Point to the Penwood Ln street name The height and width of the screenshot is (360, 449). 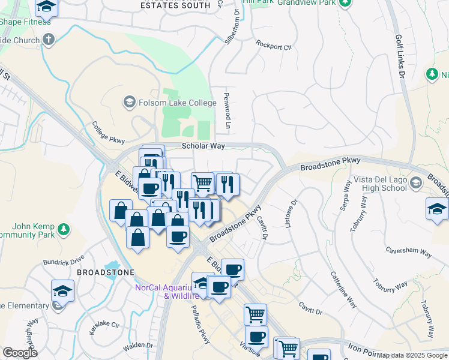coord(227,110)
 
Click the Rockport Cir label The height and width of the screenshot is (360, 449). coord(273,45)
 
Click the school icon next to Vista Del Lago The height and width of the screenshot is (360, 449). coord(415,182)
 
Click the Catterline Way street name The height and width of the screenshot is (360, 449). coord(343,290)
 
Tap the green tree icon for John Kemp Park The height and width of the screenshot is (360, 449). coord(63,229)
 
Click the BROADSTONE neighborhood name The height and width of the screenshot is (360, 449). coord(97,272)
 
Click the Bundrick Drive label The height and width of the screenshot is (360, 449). coord(64,262)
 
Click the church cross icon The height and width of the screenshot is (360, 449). coord(49,40)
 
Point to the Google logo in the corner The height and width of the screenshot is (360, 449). coord(20,353)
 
